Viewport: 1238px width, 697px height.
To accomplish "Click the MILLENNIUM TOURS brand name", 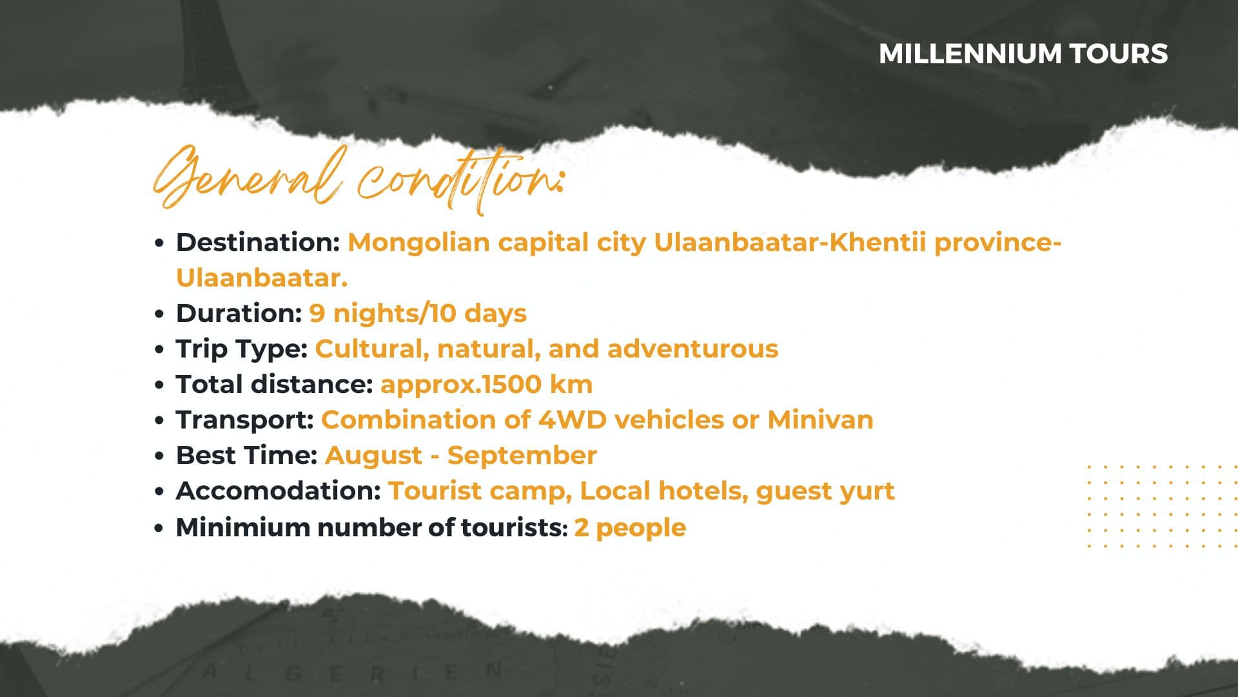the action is (x=1023, y=54).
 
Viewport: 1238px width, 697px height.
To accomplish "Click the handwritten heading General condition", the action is (x=359, y=179).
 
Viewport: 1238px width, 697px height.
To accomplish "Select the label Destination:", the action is (x=258, y=243).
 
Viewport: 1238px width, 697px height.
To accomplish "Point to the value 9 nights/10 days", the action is (x=418, y=314).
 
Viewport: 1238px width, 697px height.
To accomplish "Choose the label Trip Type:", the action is (x=242, y=350).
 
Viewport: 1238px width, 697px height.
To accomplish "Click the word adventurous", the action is (x=693, y=349).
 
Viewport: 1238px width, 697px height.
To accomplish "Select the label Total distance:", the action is (x=275, y=385).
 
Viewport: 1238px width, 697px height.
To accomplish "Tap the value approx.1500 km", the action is (x=487, y=385).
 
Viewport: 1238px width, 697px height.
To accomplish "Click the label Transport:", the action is (x=245, y=421).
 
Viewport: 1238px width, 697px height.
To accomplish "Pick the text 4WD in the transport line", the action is (x=573, y=420).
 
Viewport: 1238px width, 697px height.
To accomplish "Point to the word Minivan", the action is (x=820, y=420).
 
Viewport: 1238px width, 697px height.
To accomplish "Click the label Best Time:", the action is (x=247, y=456).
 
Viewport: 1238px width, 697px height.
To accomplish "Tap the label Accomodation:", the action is (x=279, y=491).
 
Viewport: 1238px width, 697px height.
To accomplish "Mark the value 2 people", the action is (x=630, y=529).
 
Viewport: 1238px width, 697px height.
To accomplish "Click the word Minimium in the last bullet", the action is (x=243, y=527).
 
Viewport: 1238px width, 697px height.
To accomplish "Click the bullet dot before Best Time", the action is (x=160, y=456).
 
